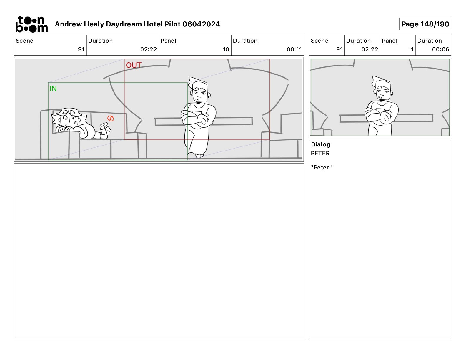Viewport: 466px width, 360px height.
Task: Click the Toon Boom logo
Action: [x=32, y=24]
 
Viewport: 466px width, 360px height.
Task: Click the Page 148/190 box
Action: [x=425, y=24]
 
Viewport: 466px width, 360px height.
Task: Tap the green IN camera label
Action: [x=53, y=89]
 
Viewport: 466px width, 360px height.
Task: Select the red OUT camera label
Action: [x=133, y=65]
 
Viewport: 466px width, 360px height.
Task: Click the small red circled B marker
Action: [x=111, y=118]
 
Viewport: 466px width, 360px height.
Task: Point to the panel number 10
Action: [x=226, y=49]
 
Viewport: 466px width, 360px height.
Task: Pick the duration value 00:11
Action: [x=294, y=49]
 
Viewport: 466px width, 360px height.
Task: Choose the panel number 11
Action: [x=411, y=49]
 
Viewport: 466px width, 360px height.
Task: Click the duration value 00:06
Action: [x=440, y=49]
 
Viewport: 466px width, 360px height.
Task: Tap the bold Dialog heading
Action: [x=321, y=144]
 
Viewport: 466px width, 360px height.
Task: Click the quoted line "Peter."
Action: [x=322, y=167]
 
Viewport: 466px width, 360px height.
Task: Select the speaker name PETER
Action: [x=320, y=153]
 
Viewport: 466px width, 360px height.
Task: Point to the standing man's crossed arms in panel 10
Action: [x=195, y=118]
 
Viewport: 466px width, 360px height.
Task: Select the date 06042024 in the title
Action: [x=201, y=24]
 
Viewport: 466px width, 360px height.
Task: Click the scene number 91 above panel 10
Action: [x=81, y=49]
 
